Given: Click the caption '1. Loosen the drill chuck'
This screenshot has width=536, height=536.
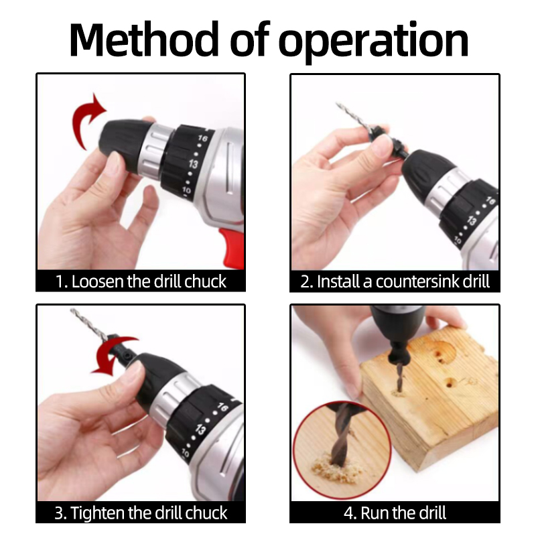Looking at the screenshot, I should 141,281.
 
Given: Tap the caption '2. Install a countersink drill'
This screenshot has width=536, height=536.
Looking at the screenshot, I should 395,281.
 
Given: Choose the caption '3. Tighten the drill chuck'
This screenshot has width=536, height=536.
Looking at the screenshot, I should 141,514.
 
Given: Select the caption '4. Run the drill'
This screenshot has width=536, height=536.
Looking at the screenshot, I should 395,514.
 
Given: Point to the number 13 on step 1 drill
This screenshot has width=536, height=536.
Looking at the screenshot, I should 193,164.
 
